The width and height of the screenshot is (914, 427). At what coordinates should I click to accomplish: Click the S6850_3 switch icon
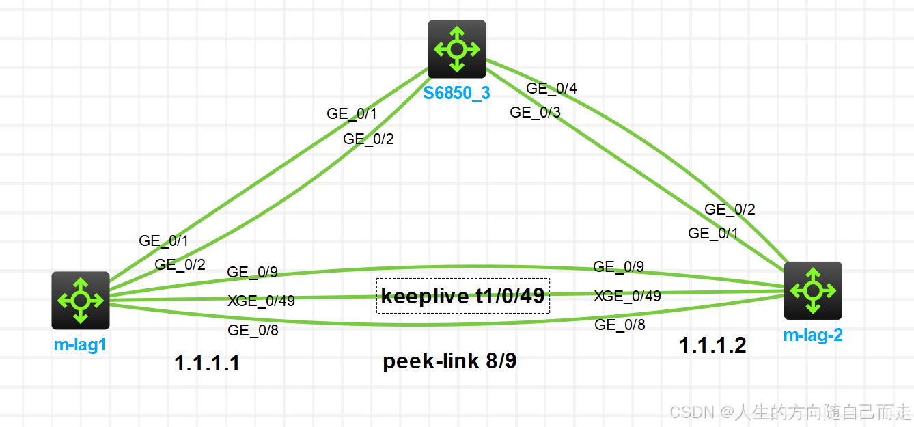point(457,49)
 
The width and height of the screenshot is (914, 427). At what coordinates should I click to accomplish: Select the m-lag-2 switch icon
point(812,290)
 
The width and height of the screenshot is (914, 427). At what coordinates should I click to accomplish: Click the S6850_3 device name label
point(456,94)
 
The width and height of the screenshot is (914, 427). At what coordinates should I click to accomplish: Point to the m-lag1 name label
point(80,345)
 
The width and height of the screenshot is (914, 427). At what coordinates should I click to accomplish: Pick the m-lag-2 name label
point(812,335)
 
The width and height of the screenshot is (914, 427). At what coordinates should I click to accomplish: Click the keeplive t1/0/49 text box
point(463,296)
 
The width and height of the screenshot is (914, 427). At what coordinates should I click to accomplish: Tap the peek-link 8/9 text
point(449,361)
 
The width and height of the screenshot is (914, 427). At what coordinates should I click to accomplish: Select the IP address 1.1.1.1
point(207,363)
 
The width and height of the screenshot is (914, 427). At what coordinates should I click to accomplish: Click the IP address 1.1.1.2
point(712,346)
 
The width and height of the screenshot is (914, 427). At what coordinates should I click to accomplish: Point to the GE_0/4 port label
point(551,88)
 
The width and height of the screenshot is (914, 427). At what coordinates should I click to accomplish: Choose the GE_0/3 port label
point(535,113)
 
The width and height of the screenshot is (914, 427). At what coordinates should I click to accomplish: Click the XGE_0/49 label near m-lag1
point(261,301)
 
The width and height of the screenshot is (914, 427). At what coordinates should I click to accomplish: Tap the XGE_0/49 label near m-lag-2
point(627,296)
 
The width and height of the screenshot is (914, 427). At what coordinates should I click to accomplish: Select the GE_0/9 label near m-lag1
point(252,272)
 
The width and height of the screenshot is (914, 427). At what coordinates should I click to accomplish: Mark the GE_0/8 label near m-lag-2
point(620,325)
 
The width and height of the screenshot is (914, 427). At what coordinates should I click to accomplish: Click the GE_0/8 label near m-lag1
point(253,331)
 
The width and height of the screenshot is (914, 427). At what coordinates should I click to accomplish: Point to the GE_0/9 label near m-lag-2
point(618,266)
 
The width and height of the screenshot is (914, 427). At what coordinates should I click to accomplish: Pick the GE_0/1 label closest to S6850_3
point(352,114)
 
